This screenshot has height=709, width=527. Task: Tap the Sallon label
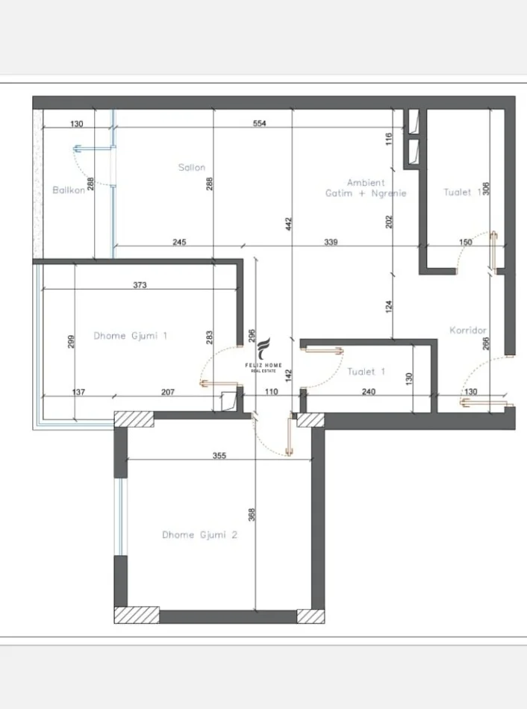[192, 168]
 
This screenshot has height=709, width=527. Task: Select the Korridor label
[468, 330]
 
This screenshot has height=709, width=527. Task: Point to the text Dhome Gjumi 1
[131, 336]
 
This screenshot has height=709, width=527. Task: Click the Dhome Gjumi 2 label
[199, 534]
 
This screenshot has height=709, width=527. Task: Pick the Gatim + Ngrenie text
[366, 193]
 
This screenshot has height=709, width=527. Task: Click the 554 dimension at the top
[260, 124]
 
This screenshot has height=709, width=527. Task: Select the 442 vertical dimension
[288, 224]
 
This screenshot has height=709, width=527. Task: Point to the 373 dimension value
[140, 284]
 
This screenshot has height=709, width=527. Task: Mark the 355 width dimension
[219, 455]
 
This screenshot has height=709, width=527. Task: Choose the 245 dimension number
[178, 242]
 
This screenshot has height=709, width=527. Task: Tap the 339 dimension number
[331, 242]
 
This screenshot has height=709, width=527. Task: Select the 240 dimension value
[369, 391]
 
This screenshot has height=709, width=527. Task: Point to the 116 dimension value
[389, 139]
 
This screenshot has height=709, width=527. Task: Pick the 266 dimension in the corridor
[486, 345]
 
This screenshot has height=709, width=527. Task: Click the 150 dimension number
[465, 242]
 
